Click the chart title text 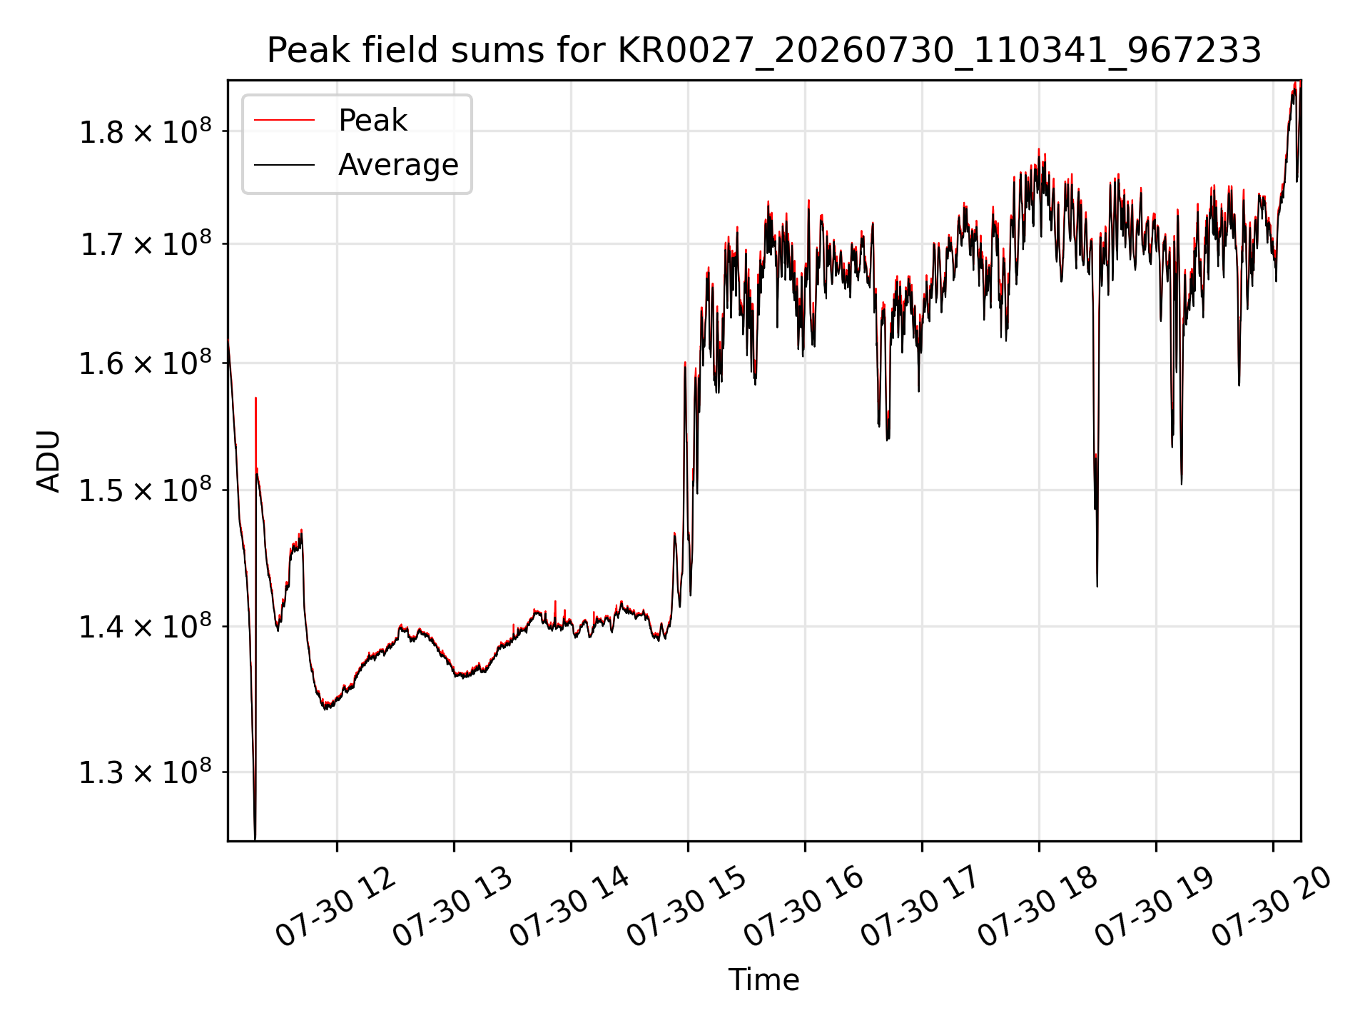(x=764, y=51)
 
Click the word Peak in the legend (x=372, y=121)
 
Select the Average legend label (x=398, y=165)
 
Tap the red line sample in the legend (x=284, y=121)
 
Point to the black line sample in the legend (x=284, y=165)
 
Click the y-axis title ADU (x=49, y=461)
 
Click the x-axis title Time (x=763, y=979)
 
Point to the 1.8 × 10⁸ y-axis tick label (x=146, y=131)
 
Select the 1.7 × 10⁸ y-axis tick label (x=146, y=243)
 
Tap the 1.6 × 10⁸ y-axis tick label (x=146, y=363)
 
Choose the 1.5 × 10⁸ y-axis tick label (x=146, y=490)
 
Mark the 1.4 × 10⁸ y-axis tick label (x=146, y=627)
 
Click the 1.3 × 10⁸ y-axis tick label (x=146, y=772)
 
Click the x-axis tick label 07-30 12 (x=335, y=907)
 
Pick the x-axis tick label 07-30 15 (x=686, y=907)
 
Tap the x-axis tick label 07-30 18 (x=1037, y=907)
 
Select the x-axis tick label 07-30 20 (x=1272, y=907)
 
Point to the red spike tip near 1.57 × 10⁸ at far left (x=255, y=398)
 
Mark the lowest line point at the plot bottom (x=255, y=839)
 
